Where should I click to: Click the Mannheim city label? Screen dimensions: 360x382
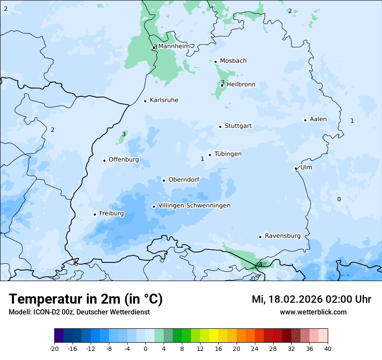point(174,46)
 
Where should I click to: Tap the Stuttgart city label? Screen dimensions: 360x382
point(238,126)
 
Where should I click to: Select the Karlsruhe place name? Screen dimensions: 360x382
point(164,100)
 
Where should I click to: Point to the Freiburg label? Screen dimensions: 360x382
point(111,213)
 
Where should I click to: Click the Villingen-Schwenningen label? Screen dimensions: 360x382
point(194,206)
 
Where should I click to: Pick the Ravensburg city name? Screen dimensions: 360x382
point(283,236)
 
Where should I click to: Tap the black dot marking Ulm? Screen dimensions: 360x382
point(296,168)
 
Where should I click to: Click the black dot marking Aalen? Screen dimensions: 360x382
point(305,120)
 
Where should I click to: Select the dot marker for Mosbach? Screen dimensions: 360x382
point(215,62)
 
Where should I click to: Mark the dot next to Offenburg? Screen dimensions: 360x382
point(104,160)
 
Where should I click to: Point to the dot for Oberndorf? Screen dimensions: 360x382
point(164,180)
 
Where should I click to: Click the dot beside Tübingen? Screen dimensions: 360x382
point(210,155)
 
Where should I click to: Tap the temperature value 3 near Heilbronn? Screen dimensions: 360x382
point(223,82)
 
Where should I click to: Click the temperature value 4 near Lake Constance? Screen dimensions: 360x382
point(260,264)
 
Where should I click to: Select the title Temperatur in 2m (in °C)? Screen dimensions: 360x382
point(86,299)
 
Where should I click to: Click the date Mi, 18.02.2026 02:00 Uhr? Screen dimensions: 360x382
point(311,299)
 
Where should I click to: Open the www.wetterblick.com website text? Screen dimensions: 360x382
point(313,312)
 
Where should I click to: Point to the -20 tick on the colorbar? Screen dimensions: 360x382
point(54,349)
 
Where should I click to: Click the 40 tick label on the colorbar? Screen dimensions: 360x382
point(328,349)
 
